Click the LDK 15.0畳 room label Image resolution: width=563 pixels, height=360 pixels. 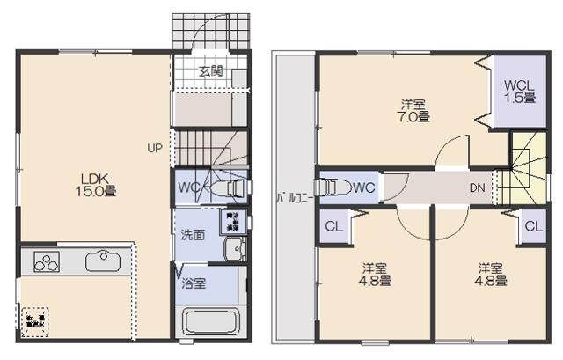pyautogui.click(x=89, y=183)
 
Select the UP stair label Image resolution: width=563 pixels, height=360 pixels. pyautogui.click(x=153, y=149)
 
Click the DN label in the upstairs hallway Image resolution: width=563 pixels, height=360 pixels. pyautogui.click(x=475, y=187)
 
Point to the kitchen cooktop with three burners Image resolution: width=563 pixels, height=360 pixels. pyautogui.click(x=45, y=261)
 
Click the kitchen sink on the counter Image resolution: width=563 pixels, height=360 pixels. pyautogui.click(x=98, y=260)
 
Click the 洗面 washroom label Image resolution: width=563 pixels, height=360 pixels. pyautogui.click(x=193, y=235)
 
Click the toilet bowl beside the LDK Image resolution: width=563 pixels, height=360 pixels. pyautogui.click(x=229, y=187)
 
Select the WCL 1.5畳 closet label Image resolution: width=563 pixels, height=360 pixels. pyautogui.click(x=519, y=92)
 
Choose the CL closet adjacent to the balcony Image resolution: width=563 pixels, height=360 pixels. pyautogui.click(x=333, y=225)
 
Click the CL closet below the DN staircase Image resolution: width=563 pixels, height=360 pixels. pyautogui.click(x=532, y=225)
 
